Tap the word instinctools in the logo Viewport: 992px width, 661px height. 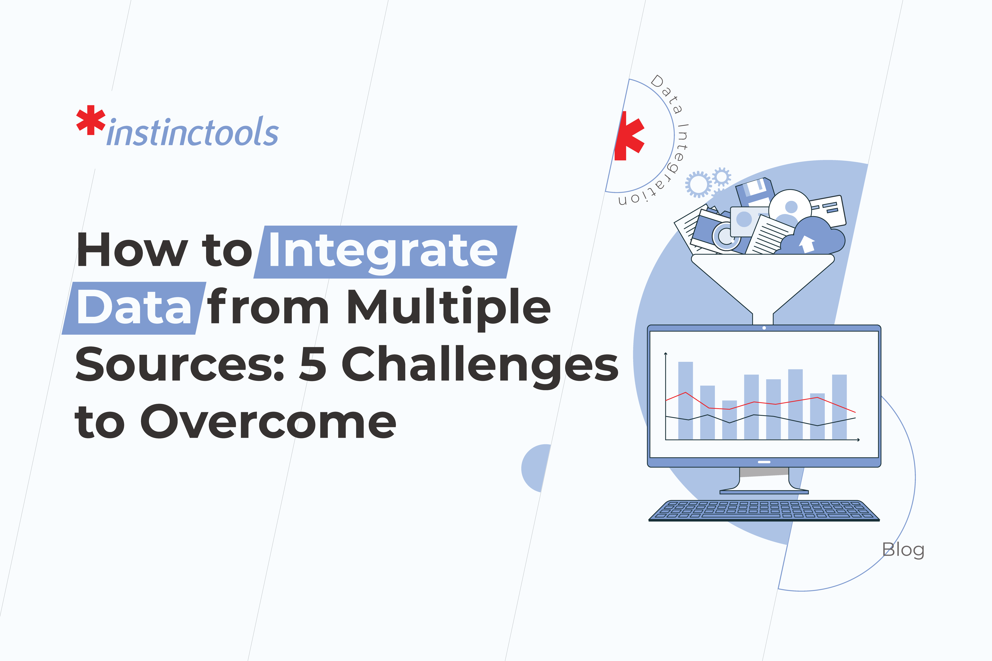tap(193, 132)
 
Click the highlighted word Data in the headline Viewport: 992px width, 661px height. tap(134, 308)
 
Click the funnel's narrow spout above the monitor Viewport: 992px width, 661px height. tap(762, 318)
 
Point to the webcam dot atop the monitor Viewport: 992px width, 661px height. tap(764, 328)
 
